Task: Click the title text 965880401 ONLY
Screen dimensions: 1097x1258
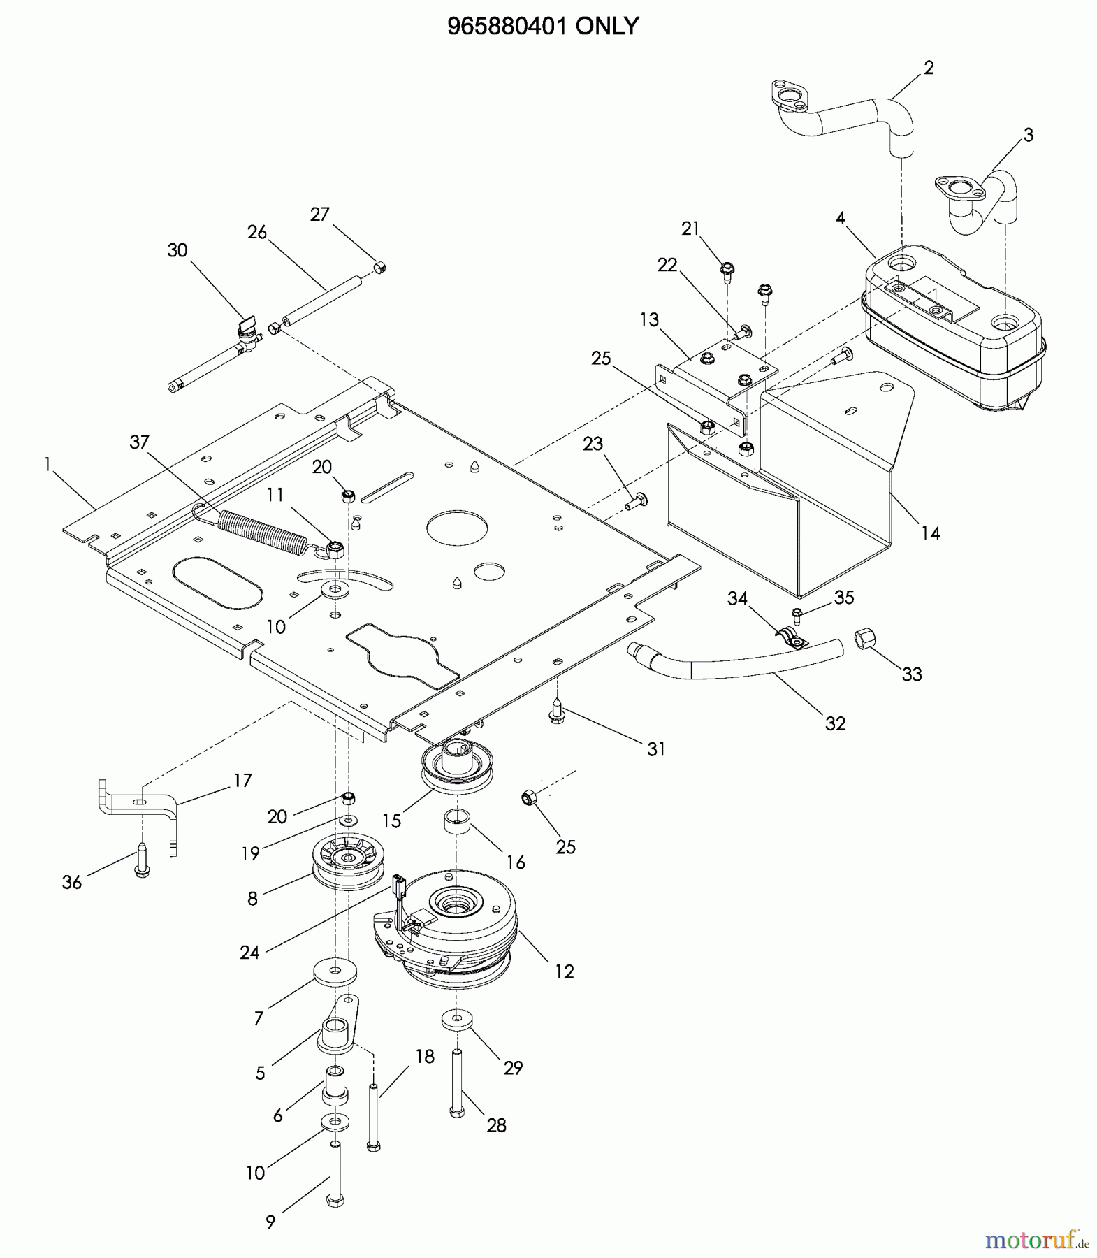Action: coord(542,26)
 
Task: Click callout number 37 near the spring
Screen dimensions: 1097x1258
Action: coord(140,442)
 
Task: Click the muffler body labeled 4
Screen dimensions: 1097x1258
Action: coord(954,331)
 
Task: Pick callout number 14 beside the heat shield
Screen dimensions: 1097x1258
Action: coord(930,533)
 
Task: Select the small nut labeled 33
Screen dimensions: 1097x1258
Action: coord(865,638)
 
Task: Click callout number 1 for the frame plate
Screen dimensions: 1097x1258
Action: coord(48,464)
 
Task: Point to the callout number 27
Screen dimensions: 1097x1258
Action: coord(320,215)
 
